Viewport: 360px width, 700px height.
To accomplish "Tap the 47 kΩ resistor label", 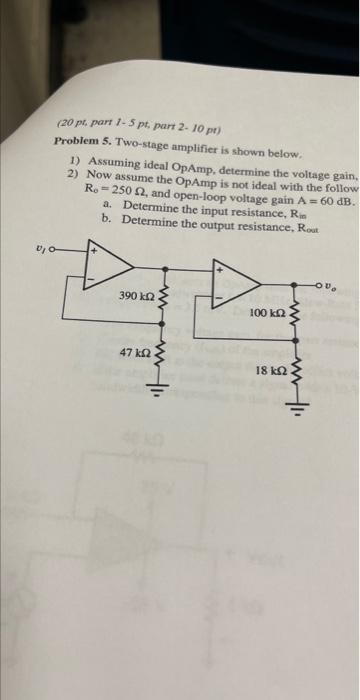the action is pyautogui.click(x=135, y=352).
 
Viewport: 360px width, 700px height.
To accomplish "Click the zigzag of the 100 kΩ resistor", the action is pyautogui.click(x=295, y=315).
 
